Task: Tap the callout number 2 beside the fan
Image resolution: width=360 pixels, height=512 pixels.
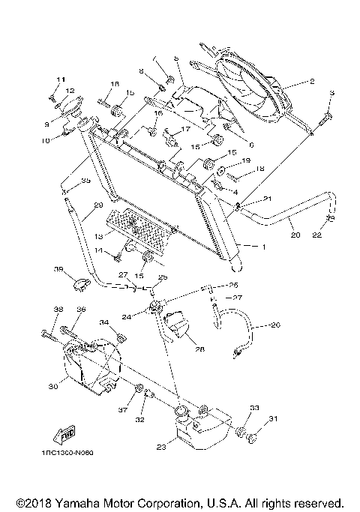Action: (311, 80)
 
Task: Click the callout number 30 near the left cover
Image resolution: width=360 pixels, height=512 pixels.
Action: (52, 387)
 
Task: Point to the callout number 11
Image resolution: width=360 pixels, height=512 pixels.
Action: (61, 79)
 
